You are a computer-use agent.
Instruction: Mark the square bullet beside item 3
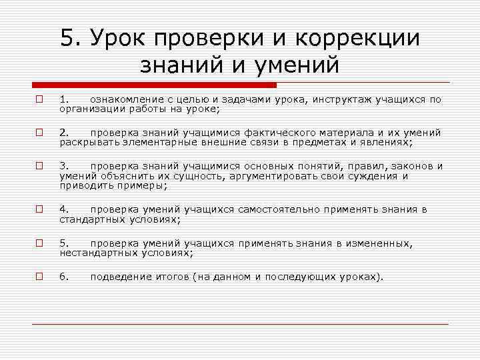tap(40, 166)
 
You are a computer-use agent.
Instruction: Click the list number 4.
tap(63, 209)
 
